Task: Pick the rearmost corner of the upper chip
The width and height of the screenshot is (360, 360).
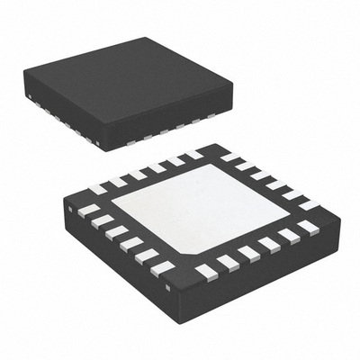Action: click(x=144, y=38)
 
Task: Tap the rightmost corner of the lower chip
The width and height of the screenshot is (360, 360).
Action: click(x=340, y=216)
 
